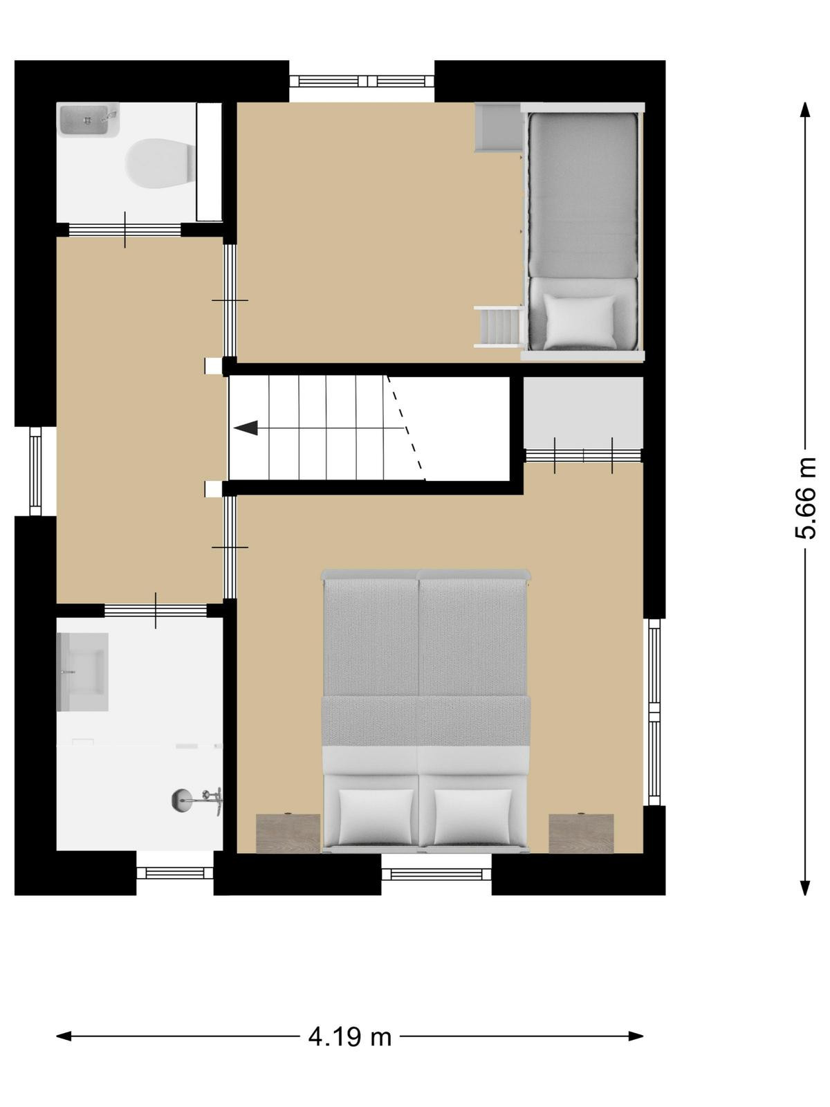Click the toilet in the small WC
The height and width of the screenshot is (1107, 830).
161,163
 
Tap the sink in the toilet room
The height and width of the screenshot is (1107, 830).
89,120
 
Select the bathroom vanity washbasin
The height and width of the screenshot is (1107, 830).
82,672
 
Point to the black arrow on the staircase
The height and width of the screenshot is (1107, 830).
246,428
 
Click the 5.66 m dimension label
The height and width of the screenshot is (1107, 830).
805,498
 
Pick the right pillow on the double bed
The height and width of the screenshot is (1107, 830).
472,816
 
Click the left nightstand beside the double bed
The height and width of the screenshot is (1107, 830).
288,833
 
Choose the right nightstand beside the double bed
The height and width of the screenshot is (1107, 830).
581,833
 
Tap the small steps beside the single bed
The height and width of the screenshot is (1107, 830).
499,327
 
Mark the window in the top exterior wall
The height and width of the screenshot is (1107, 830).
362,81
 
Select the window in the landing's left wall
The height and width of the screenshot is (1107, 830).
35,471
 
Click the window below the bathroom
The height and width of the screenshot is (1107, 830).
175,873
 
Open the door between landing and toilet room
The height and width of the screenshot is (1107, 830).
125,230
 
